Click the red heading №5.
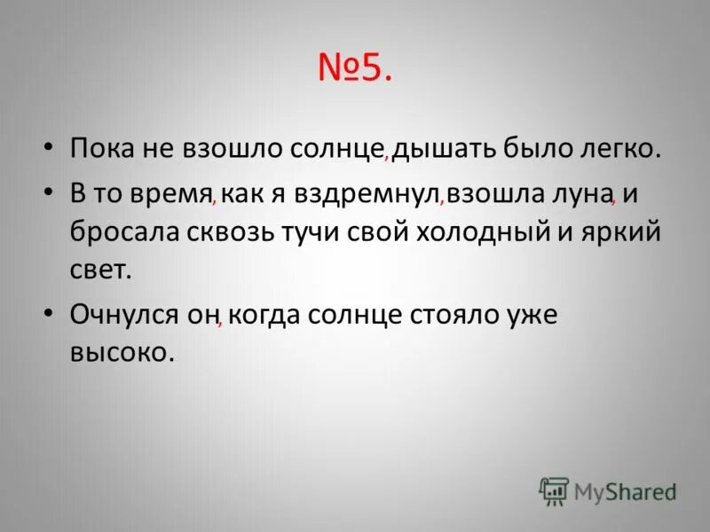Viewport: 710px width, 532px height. click(x=354, y=69)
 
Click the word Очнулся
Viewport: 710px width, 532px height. click(x=127, y=315)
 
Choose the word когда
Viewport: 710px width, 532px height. click(x=265, y=315)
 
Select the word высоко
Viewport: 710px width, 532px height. click(x=119, y=352)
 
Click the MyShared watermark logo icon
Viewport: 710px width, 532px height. click(x=554, y=490)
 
